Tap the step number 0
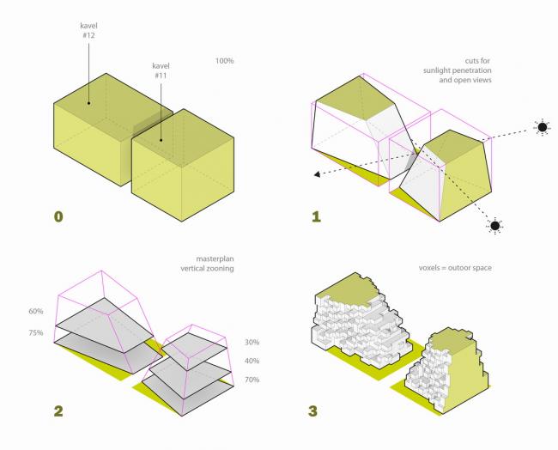58,216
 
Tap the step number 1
316,216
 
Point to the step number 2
58,410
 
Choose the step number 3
316,410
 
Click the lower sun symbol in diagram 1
494,226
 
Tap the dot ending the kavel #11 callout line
160,132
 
